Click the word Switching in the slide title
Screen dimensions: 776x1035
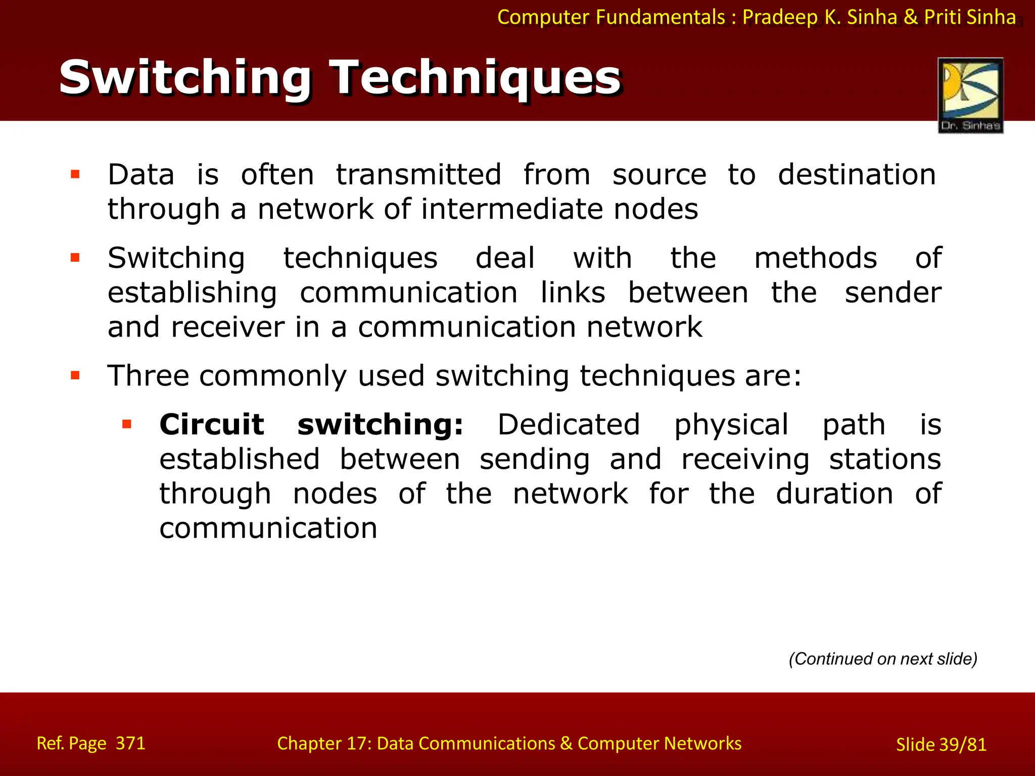pos(185,78)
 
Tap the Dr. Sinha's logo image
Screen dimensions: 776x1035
pos(970,95)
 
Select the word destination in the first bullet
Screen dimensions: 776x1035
pos(857,175)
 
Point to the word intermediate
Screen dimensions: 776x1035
pos(511,209)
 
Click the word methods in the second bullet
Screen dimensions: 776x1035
pos(815,258)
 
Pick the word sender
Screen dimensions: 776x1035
pos(893,293)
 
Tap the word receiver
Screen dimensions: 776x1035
pos(227,327)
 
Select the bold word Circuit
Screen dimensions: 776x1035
pos(212,424)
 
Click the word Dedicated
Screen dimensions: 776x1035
pos(569,424)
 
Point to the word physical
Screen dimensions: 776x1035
pos(731,425)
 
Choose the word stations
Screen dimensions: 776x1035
pos(885,459)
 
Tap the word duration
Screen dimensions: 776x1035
pos(834,494)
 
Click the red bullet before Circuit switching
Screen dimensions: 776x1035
pos(127,424)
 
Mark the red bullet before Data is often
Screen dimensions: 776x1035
pos(75,175)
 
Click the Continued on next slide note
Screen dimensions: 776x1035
pos(883,659)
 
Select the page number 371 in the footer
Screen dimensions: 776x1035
pos(130,743)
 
